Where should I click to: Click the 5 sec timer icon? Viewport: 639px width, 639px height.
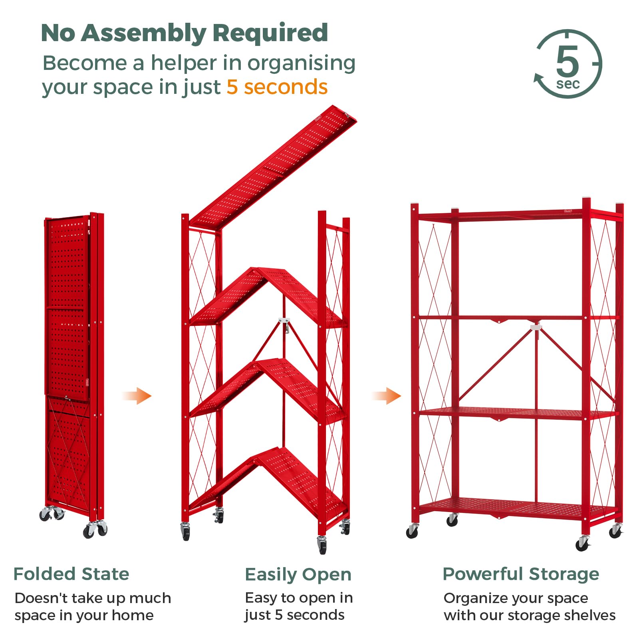(x=568, y=64)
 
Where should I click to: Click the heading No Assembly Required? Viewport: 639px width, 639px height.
(x=184, y=33)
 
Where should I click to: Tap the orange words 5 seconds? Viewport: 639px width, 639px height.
(x=277, y=87)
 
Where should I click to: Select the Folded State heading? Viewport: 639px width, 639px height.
(x=71, y=574)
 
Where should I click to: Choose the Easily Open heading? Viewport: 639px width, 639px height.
(x=298, y=575)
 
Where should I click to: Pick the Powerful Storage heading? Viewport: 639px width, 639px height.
(x=521, y=574)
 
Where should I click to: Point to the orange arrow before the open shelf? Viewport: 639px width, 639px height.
(x=386, y=396)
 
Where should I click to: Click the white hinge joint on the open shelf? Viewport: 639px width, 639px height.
(x=536, y=327)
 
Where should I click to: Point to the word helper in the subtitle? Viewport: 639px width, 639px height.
(x=184, y=63)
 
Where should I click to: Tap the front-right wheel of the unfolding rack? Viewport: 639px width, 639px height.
(x=322, y=544)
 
